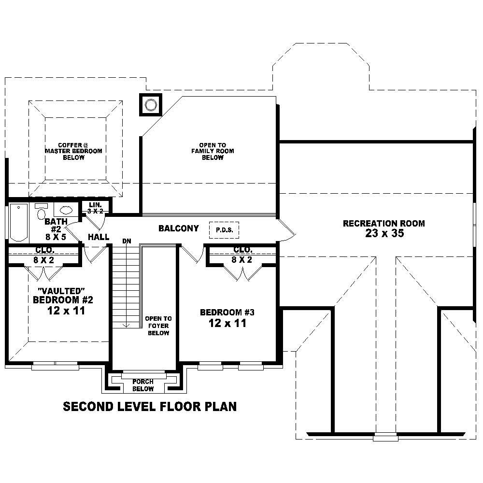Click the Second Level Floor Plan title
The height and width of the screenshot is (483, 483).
tap(150, 406)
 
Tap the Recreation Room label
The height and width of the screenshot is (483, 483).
tap(384, 223)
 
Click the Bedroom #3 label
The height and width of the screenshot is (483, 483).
tap(227, 313)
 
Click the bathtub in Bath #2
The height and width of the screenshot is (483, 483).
tap(19, 223)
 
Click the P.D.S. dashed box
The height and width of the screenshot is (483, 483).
tap(224, 230)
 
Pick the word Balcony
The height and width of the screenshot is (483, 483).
tap(178, 228)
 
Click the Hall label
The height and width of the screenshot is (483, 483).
tap(98, 237)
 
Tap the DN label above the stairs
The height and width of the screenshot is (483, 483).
tap(127, 240)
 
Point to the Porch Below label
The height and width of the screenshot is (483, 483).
tap(143, 385)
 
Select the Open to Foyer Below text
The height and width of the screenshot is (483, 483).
tap(158, 326)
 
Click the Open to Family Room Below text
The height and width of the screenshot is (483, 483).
tap(213, 151)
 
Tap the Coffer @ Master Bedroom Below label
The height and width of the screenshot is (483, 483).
tap(73, 151)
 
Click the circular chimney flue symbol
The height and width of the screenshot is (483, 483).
tap(151, 105)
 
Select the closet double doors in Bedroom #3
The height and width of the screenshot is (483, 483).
tap(242, 273)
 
